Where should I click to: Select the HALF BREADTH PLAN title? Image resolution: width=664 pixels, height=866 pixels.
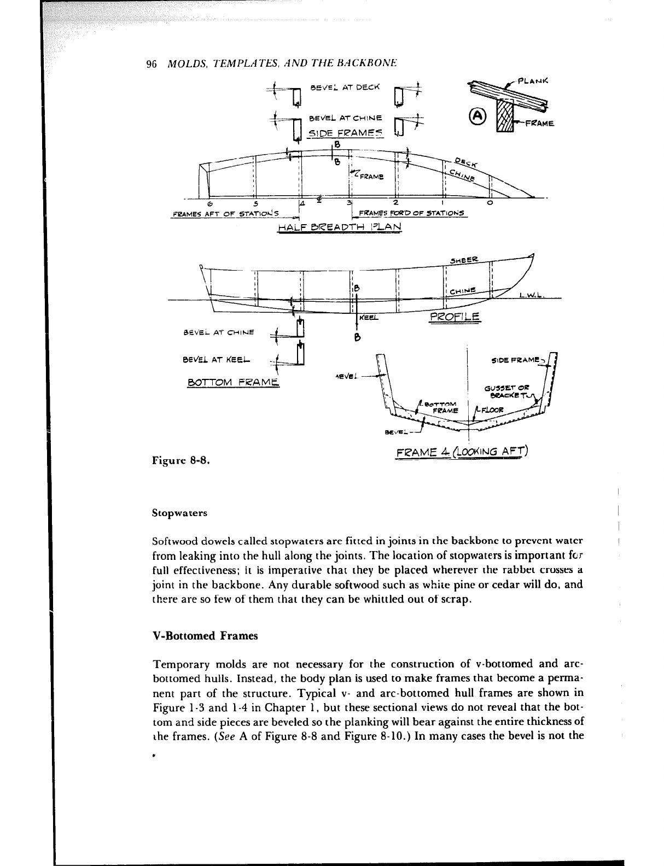point(340,227)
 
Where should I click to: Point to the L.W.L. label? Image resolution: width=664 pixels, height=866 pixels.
point(531,295)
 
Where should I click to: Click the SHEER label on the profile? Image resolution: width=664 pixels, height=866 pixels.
point(464,260)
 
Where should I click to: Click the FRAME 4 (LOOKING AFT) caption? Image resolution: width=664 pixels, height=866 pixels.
point(462,452)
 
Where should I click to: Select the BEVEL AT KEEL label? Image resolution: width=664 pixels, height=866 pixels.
point(216,360)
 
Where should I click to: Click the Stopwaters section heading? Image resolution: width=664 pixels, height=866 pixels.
point(179,513)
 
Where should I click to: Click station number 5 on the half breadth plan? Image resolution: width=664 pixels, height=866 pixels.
point(255,203)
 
